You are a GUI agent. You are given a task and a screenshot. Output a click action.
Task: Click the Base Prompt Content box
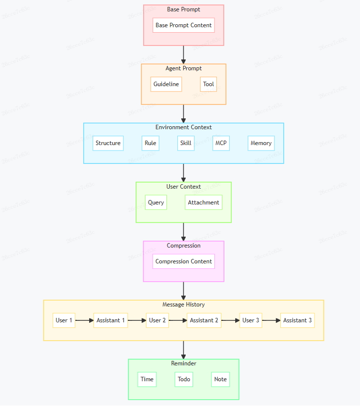coord(183,25)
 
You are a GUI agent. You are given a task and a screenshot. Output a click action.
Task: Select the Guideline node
coord(166,84)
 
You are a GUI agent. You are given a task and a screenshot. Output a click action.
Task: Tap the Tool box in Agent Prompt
coord(208,84)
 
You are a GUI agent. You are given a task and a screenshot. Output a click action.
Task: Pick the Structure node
coord(108,143)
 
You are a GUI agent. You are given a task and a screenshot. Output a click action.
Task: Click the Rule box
coord(151,143)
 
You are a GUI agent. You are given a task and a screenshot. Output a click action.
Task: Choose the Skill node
coord(186,143)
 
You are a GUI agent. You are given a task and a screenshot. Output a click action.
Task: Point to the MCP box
coord(221,143)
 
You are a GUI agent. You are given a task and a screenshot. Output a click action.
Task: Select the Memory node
coord(261,143)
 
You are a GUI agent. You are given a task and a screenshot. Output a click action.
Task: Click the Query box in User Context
coord(156,203)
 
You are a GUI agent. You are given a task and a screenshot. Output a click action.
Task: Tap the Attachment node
coord(204,203)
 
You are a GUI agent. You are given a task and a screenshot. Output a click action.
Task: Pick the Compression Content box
coord(183,261)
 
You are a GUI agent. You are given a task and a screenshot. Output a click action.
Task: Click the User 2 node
coord(157,320)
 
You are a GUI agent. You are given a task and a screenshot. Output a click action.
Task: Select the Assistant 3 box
coord(297,320)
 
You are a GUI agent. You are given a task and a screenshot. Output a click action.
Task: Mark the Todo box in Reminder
coord(184,379)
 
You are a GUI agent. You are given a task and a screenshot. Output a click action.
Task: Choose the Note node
coord(220,379)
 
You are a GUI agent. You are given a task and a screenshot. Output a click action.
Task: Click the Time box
coord(147,379)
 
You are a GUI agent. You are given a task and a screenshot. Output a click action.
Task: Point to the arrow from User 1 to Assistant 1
coord(84,320)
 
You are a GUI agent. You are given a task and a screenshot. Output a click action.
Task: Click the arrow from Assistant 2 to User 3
coord(230,320)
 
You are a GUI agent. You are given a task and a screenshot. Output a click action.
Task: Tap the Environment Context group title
coord(183,128)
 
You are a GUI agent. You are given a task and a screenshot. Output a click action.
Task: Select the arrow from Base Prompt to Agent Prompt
coord(184,54)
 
